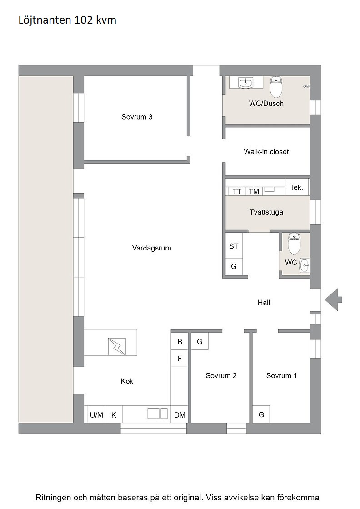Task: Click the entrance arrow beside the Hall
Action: click(333, 299)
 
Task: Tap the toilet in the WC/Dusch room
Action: click(276, 87)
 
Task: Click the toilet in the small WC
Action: click(295, 243)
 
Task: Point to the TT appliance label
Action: click(237, 191)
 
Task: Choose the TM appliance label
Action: click(254, 191)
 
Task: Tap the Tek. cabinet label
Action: click(296, 187)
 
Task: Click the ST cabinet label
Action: click(234, 246)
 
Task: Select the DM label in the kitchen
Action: click(180, 415)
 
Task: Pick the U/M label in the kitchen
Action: click(96, 415)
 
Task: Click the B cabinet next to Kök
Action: click(180, 341)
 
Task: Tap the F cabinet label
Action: click(180, 359)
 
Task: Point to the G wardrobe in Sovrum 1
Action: click(261, 414)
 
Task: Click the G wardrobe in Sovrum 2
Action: click(200, 341)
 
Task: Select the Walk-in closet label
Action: click(266, 152)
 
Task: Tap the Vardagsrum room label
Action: click(152, 248)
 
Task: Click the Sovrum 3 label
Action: click(137, 117)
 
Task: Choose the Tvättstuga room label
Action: click(266, 212)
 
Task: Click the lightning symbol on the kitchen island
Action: click(117, 346)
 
